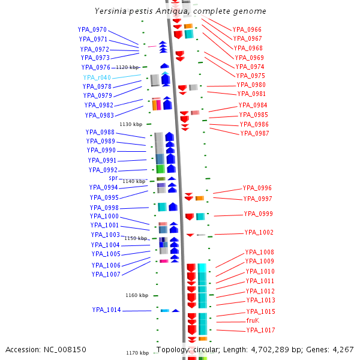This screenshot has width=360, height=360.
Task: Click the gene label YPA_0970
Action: [x=92, y=29]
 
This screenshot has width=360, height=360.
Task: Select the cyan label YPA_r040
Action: [x=97, y=77]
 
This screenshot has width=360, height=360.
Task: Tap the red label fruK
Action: [x=252, y=320]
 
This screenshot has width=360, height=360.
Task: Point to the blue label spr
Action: [x=113, y=178]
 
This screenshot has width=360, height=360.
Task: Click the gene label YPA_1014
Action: [x=106, y=310]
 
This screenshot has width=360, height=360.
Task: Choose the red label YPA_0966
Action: [x=247, y=29]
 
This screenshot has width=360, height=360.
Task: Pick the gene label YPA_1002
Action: [x=259, y=232]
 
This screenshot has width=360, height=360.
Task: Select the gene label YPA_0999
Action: [x=258, y=214]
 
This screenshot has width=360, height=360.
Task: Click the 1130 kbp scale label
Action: [x=131, y=124]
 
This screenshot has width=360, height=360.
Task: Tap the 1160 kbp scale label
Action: [x=136, y=295]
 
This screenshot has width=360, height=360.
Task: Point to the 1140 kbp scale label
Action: [x=134, y=181]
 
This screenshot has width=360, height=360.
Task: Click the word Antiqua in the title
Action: [x=180, y=11]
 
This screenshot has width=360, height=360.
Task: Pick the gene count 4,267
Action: [x=343, y=349]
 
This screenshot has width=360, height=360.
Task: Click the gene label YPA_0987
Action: [x=254, y=133]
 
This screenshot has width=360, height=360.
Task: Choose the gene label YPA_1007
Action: [x=106, y=274]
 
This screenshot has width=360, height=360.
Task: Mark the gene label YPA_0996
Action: [x=257, y=188]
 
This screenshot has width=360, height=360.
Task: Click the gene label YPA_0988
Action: [x=100, y=132]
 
